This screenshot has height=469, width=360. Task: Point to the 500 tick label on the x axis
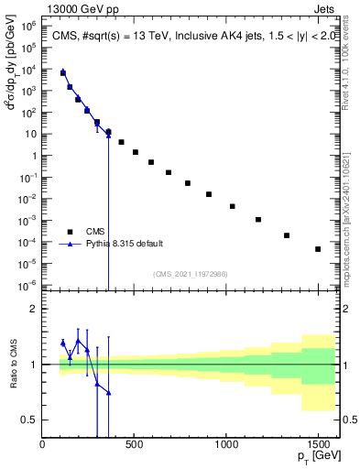click(134, 444)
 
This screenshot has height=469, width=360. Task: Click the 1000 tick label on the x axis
click(226, 444)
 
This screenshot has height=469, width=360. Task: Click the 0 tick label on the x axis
click(43, 444)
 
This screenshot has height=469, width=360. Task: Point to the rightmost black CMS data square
click(318, 249)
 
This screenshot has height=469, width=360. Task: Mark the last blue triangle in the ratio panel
click(108, 393)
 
